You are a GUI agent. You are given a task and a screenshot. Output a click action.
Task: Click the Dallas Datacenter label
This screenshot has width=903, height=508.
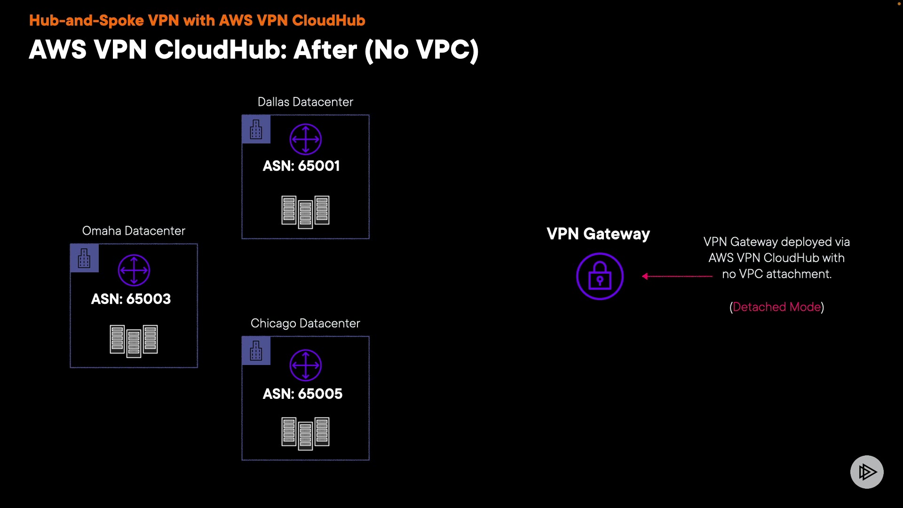pyautogui.click(x=305, y=102)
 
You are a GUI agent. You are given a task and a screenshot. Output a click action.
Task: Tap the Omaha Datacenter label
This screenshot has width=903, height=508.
pyautogui.click(x=134, y=231)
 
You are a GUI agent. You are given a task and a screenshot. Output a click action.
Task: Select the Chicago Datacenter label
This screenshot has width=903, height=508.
pyautogui.click(x=305, y=324)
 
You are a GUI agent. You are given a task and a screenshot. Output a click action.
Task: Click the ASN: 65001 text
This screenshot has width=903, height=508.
pyautogui.click(x=301, y=166)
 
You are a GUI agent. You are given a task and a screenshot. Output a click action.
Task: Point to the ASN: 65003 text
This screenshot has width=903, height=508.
pyautogui.click(x=131, y=299)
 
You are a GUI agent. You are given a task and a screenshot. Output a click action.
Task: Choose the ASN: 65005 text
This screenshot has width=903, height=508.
pyautogui.click(x=302, y=394)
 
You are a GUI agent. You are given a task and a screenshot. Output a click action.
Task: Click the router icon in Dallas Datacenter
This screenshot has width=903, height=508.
pyautogui.click(x=305, y=139)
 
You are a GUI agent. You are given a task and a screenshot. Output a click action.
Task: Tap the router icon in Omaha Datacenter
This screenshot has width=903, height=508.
pyautogui.click(x=134, y=270)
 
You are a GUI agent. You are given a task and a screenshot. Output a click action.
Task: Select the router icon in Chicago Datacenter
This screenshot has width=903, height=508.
pyautogui.click(x=305, y=365)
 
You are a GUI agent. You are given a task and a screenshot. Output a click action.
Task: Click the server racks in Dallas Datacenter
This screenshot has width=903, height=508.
pyautogui.click(x=305, y=212)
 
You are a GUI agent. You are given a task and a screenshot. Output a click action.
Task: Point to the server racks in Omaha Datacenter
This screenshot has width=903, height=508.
pyautogui.click(x=134, y=341)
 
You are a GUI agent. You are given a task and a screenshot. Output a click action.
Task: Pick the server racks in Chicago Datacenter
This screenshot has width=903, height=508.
pyautogui.click(x=305, y=433)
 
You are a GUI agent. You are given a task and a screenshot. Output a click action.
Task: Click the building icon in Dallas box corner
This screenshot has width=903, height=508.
pyautogui.click(x=256, y=129)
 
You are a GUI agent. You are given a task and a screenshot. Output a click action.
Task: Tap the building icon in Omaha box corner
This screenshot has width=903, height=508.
pyautogui.click(x=84, y=258)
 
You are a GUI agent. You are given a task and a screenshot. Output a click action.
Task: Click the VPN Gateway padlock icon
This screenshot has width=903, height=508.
pyautogui.click(x=600, y=277)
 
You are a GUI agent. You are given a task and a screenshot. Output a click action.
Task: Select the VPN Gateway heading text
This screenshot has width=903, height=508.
pyautogui.click(x=598, y=234)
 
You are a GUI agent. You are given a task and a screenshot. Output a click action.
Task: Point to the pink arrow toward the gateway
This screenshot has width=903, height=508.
pyautogui.click(x=677, y=276)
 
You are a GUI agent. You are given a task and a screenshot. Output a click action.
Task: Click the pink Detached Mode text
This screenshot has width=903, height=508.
pyautogui.click(x=776, y=307)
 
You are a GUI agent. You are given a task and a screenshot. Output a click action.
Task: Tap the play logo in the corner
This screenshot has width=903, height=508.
pyautogui.click(x=867, y=472)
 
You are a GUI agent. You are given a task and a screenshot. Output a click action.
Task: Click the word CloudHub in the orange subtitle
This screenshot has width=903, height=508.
pyautogui.click(x=328, y=21)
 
